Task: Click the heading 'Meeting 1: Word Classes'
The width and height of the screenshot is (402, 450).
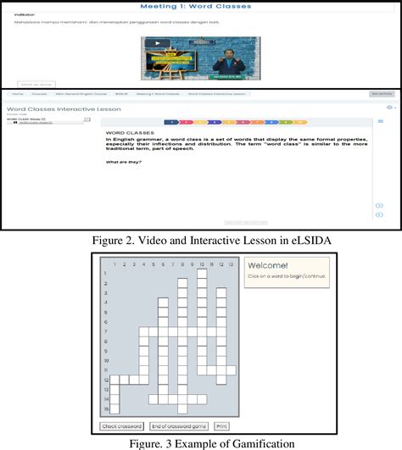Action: (201, 6)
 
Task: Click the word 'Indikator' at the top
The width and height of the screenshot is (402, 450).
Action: (25, 15)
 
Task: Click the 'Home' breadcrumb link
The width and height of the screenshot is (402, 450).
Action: (17, 94)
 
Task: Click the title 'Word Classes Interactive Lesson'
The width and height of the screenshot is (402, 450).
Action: (64, 109)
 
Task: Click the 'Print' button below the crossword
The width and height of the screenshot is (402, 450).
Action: (221, 426)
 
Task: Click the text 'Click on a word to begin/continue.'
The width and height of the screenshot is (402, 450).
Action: (286, 276)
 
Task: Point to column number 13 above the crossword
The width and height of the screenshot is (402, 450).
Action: (231, 264)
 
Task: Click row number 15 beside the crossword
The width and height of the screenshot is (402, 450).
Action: (106, 408)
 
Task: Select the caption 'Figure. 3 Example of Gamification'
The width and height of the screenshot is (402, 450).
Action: (201, 442)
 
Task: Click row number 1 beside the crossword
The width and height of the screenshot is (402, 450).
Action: (106, 274)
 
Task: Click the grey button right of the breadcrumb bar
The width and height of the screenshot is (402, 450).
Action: (381, 94)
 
